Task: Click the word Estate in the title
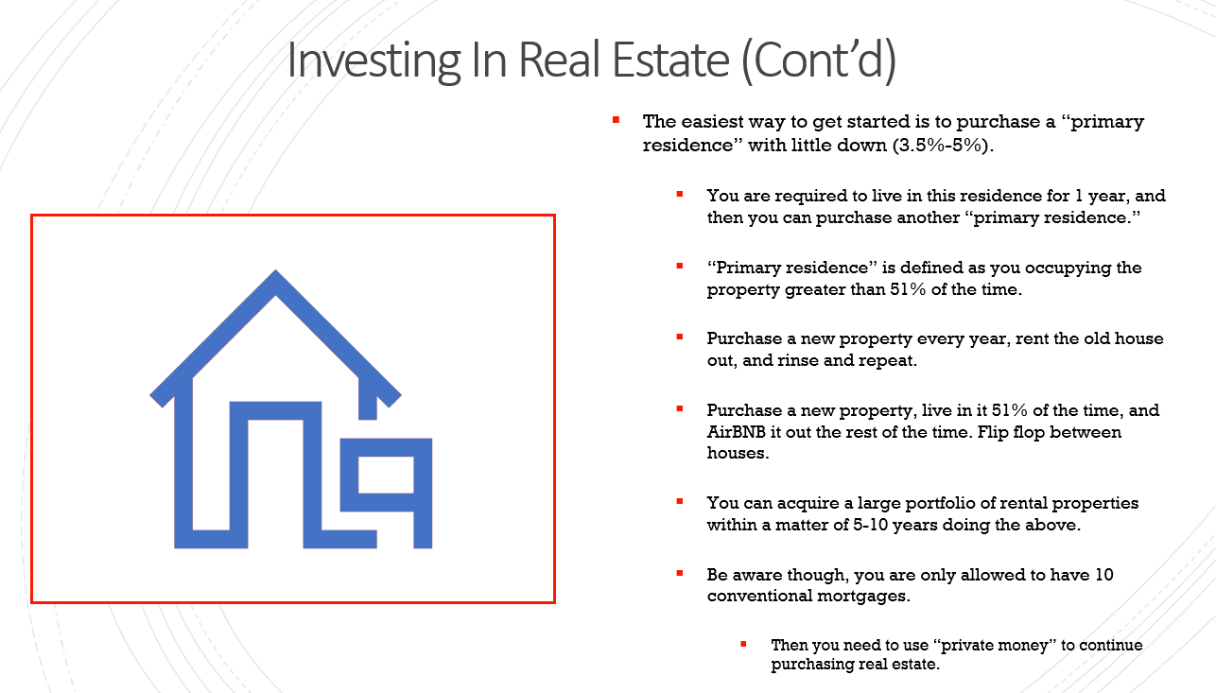pyautogui.click(x=670, y=60)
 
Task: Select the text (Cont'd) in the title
pyautogui.click(x=819, y=61)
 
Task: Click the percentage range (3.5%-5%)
pyautogui.click(x=943, y=146)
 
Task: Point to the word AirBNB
pyautogui.click(x=736, y=432)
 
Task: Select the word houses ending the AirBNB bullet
pyautogui.click(x=738, y=453)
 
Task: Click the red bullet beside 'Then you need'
pyautogui.click(x=743, y=644)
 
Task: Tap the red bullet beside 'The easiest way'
pyautogui.click(x=616, y=120)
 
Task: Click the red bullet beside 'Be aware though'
pyautogui.click(x=679, y=573)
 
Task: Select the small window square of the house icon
pyautogui.click(x=386, y=475)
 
